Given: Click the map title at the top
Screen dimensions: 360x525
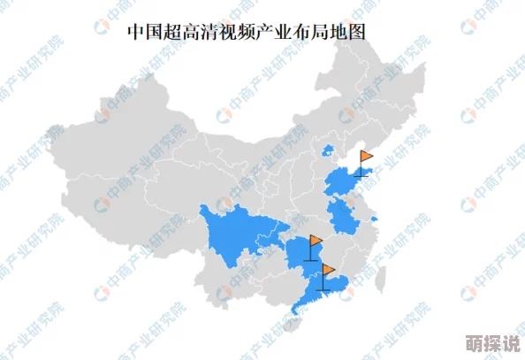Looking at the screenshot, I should (x=246, y=32).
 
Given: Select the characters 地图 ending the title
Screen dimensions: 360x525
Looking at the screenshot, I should (x=350, y=32).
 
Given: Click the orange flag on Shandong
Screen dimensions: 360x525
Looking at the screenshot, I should (x=366, y=157).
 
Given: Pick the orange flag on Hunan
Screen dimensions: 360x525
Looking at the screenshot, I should (x=316, y=240).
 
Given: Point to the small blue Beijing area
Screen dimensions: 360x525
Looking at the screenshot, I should (x=328, y=150).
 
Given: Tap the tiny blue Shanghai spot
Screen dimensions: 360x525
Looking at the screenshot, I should (x=375, y=217).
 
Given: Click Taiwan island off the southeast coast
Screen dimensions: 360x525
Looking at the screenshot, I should (x=382, y=280).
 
